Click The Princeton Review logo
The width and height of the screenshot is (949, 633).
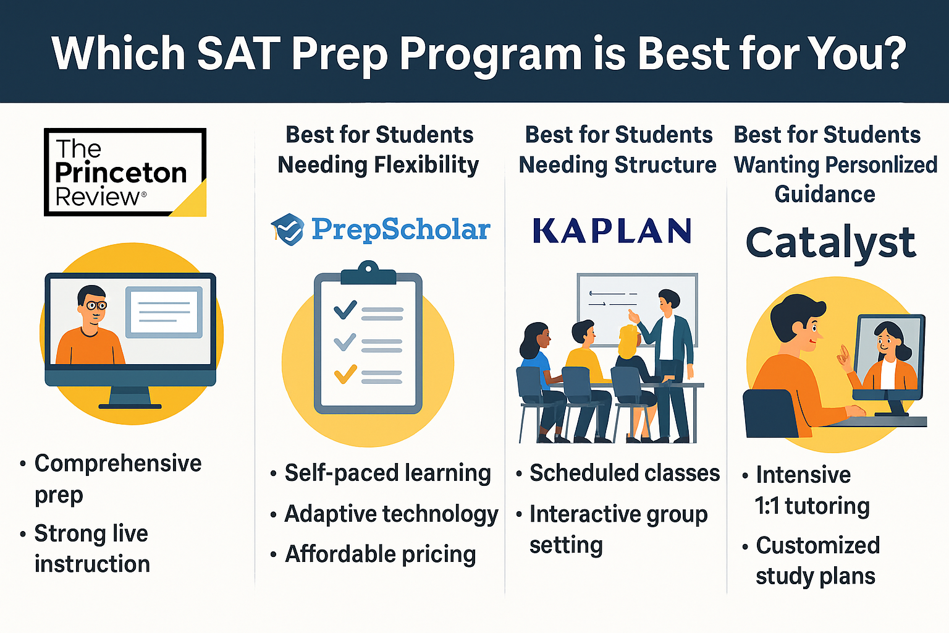(x=124, y=172)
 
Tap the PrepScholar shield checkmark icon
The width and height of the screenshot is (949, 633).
(x=288, y=229)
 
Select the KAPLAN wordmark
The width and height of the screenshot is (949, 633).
(x=612, y=231)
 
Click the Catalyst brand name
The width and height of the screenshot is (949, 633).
(x=830, y=243)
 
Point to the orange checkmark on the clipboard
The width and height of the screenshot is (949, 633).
(x=345, y=374)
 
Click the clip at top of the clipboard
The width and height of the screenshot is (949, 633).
(x=368, y=273)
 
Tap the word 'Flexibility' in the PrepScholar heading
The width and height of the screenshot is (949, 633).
(x=426, y=165)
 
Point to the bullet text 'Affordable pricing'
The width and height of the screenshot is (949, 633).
(x=380, y=554)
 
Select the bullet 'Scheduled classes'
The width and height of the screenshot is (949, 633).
(x=625, y=473)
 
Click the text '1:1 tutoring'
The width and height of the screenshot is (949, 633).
(x=812, y=506)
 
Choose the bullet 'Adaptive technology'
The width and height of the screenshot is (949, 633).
(x=390, y=514)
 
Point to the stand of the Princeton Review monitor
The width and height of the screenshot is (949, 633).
(x=130, y=397)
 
